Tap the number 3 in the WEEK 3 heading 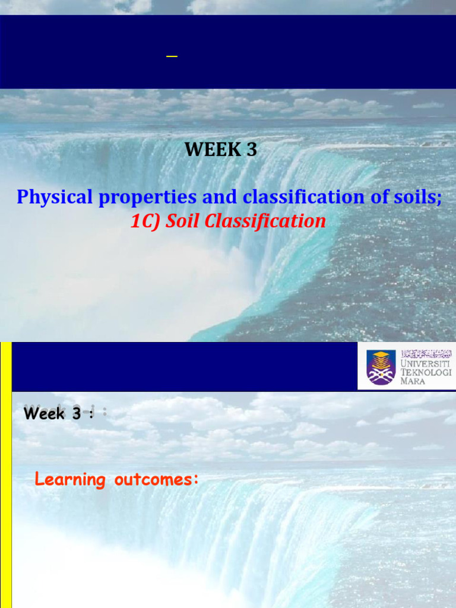pyautogui.click(x=251, y=150)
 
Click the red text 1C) pyautogui.click(x=145, y=221)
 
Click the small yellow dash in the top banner pyautogui.click(x=172, y=56)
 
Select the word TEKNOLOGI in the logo pyautogui.click(x=426, y=372)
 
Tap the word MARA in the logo pyautogui.click(x=413, y=381)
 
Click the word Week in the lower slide pyautogui.click(x=45, y=414)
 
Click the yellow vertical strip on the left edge pyautogui.click(x=5, y=475)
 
